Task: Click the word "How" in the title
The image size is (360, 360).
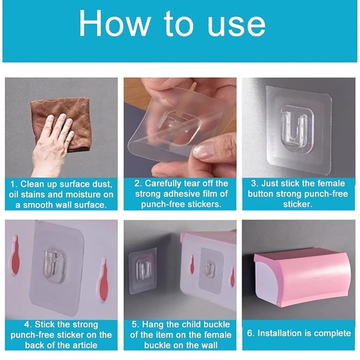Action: pos(114,23)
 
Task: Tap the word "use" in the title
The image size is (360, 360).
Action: pos(236,27)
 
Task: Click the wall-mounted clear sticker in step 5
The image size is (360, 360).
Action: pos(143,271)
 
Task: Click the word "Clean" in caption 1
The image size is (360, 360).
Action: pos(32,184)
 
